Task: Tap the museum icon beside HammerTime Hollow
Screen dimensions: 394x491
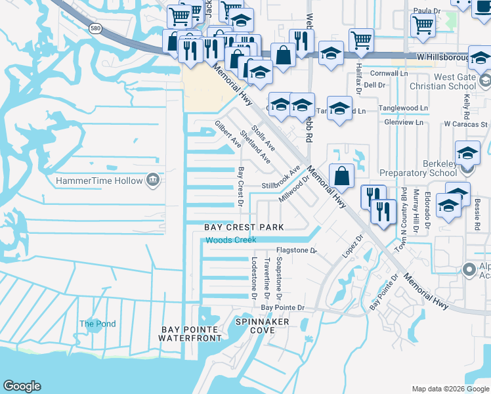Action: tap(152, 179)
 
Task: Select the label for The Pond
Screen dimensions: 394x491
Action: tap(97, 324)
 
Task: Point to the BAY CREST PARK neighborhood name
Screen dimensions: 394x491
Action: tap(244, 227)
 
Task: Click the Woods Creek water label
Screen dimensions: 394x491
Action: tap(230, 240)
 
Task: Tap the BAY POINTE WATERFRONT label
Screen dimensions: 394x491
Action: tap(190, 334)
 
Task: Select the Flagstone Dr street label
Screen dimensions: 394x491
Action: tap(296, 250)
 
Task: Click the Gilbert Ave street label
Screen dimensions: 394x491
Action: tap(228, 134)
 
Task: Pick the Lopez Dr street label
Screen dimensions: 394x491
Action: tap(352, 247)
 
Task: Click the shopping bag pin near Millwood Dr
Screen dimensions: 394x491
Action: tap(342, 175)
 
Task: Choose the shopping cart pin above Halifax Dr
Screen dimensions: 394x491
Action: tap(361, 40)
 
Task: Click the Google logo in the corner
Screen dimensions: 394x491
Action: tap(22, 386)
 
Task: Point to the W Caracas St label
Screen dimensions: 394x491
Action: tap(465, 123)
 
